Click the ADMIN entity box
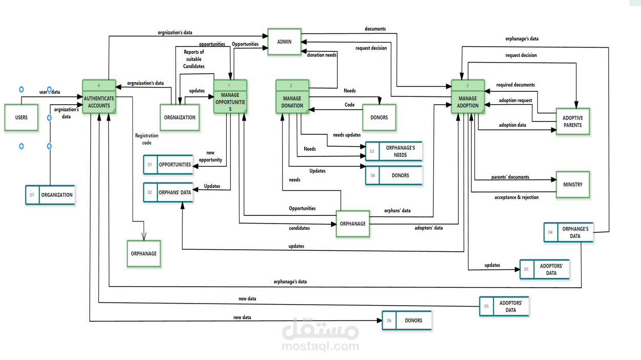tap(284, 42)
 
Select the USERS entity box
tap(22, 117)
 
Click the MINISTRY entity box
tap(573, 185)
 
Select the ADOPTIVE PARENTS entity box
tap(573, 122)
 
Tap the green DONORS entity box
tap(379, 117)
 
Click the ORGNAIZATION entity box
tap(179, 117)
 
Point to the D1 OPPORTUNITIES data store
tap(168, 165)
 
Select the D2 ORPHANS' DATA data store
tap(168, 192)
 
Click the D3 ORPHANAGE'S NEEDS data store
tap(394, 151)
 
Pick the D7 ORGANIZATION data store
tap(50, 195)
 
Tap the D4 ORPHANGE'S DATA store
tap(569, 232)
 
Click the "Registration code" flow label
tap(147, 139)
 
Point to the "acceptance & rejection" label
tap(516, 197)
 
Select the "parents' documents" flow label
tap(510, 177)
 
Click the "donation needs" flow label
tap(322, 55)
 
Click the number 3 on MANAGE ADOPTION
tap(468, 85)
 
